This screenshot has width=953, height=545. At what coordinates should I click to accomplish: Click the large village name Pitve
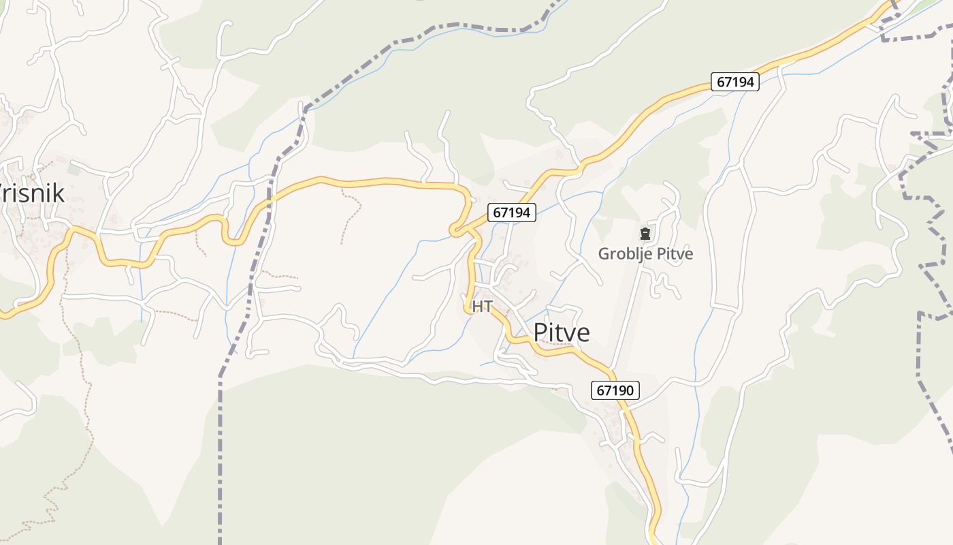coord(562,332)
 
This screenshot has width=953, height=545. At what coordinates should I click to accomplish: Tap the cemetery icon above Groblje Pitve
coord(645,234)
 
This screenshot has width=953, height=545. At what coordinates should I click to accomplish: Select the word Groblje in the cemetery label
coord(621,254)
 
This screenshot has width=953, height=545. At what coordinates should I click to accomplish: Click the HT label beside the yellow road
coord(482,307)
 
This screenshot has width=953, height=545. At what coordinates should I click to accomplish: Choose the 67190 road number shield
coord(615,390)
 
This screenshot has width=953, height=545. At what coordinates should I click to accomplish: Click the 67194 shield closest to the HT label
coord(511,213)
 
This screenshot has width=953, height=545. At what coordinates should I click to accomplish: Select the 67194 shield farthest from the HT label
coord(736,82)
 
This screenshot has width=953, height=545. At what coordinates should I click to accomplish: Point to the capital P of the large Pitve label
coord(540,332)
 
